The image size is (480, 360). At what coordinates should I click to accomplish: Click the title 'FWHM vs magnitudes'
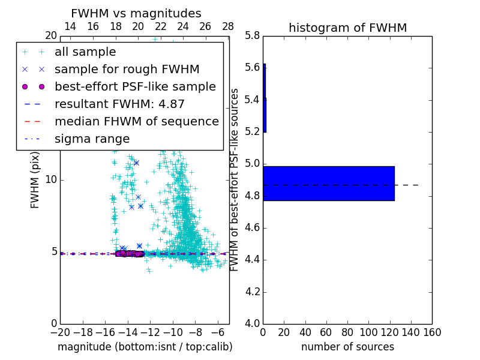click(136, 14)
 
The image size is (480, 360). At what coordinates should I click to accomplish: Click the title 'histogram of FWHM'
click(347, 28)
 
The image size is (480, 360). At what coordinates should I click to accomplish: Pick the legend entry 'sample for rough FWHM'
click(127, 69)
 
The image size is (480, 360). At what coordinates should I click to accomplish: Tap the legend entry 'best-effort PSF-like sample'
click(135, 86)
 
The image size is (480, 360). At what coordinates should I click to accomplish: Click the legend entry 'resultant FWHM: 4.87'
click(119, 104)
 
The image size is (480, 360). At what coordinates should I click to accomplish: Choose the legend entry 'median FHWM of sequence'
click(136, 121)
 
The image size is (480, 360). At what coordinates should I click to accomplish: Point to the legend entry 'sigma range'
click(92, 139)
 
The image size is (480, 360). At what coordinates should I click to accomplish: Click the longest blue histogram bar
click(328, 183)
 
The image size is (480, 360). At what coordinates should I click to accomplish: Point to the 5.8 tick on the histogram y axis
click(252, 35)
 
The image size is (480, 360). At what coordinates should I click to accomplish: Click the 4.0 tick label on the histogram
click(252, 324)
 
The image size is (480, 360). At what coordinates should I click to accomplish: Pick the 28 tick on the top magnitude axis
click(228, 26)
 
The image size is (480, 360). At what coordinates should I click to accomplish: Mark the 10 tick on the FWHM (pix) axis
click(51, 180)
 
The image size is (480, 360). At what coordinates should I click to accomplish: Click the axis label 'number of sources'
click(347, 347)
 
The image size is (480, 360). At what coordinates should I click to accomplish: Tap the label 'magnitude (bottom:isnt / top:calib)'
click(145, 347)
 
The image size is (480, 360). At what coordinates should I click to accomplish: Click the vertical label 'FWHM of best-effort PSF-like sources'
click(235, 180)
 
